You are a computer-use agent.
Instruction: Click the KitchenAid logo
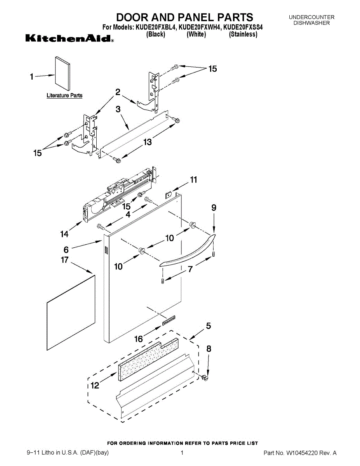pyautogui.click(x=70, y=39)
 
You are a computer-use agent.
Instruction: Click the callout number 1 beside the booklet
pyautogui.click(x=32, y=77)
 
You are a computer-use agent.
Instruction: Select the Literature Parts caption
pyautogui.click(x=64, y=96)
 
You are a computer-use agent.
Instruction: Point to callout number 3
pyautogui.click(x=118, y=110)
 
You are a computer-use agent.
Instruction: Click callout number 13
pyautogui.click(x=148, y=143)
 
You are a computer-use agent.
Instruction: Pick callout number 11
pyautogui.click(x=193, y=180)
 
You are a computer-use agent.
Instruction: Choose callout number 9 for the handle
pyautogui.click(x=214, y=208)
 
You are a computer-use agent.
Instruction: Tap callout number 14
pyautogui.click(x=64, y=234)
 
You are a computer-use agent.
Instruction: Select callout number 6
pyautogui.click(x=66, y=250)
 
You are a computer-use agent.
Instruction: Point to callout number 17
pyautogui.click(x=64, y=260)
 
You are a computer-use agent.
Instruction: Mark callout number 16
pyautogui.click(x=138, y=339)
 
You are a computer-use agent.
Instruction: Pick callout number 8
pyautogui.click(x=209, y=349)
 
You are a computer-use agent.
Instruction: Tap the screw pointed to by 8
pyautogui.click(x=205, y=377)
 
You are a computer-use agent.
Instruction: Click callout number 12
pyautogui.click(x=94, y=386)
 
